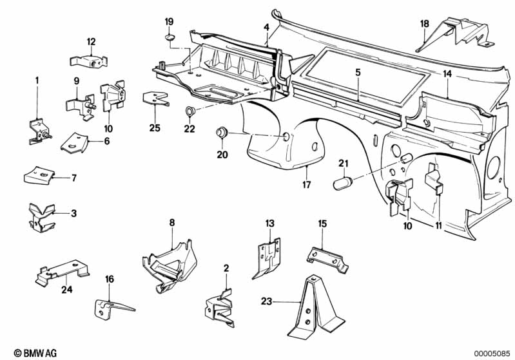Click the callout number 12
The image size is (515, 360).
coord(91,42)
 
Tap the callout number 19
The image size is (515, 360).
coord(169,22)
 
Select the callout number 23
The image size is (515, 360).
coord(267,299)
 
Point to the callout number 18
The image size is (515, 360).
coord(424,24)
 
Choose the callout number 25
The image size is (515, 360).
coord(153,128)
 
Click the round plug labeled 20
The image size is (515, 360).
coord(221,133)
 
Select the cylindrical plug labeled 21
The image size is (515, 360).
coord(343,183)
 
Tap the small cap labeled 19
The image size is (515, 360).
coord(170,38)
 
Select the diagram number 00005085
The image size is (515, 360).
coord(493,352)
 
